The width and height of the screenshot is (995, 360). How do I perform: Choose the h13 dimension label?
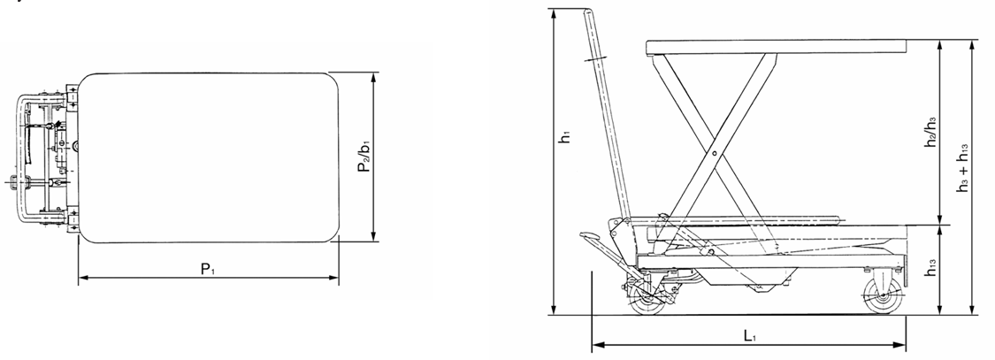930,271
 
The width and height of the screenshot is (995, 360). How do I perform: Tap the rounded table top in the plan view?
210,157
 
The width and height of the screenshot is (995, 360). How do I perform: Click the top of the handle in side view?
588,13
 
